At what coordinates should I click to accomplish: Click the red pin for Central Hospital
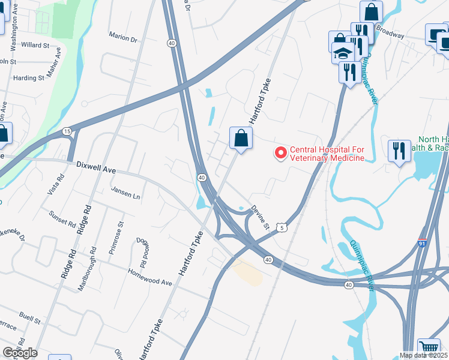pos(280,153)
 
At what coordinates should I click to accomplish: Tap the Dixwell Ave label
pos(95,170)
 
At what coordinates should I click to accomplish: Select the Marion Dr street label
pos(123,37)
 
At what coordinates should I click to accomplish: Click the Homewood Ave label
pos(150,281)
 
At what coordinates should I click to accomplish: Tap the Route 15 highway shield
pos(66,131)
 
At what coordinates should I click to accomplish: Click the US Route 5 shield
pos(282,226)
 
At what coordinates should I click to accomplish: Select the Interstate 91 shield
pos(423,244)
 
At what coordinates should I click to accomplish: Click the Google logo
pos(20,353)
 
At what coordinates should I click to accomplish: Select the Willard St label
pos(35,45)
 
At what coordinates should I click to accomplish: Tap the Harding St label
pos(29,78)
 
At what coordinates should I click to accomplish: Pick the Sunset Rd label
pos(62,220)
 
